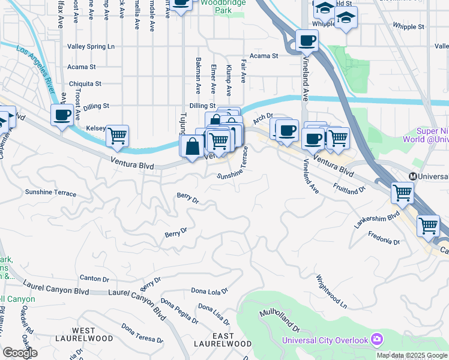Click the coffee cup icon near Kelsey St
pyautogui.click(x=62, y=115)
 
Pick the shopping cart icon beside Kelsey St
pyautogui.click(x=117, y=135)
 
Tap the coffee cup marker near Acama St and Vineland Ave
pyautogui.click(x=307, y=41)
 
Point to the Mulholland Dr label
pyautogui.click(x=280, y=322)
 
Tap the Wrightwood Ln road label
pyautogui.click(x=332, y=292)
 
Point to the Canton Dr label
pyautogui.click(x=94, y=278)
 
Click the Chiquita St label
pyautogui.click(x=85, y=84)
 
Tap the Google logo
pyautogui.click(x=20, y=353)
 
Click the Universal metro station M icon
pyautogui.click(x=413, y=176)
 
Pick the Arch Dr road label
pyautogui.click(x=263, y=118)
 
